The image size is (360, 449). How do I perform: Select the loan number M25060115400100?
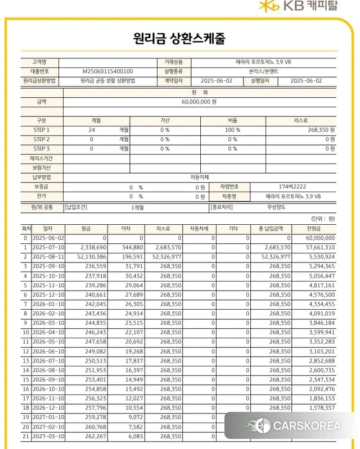coord(108,71)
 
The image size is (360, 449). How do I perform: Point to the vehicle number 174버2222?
coord(292,187)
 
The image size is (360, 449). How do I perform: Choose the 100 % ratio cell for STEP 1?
coord(233,130)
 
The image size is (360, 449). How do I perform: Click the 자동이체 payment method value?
coord(199,177)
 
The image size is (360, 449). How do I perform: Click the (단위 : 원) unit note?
coord(323,218)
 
